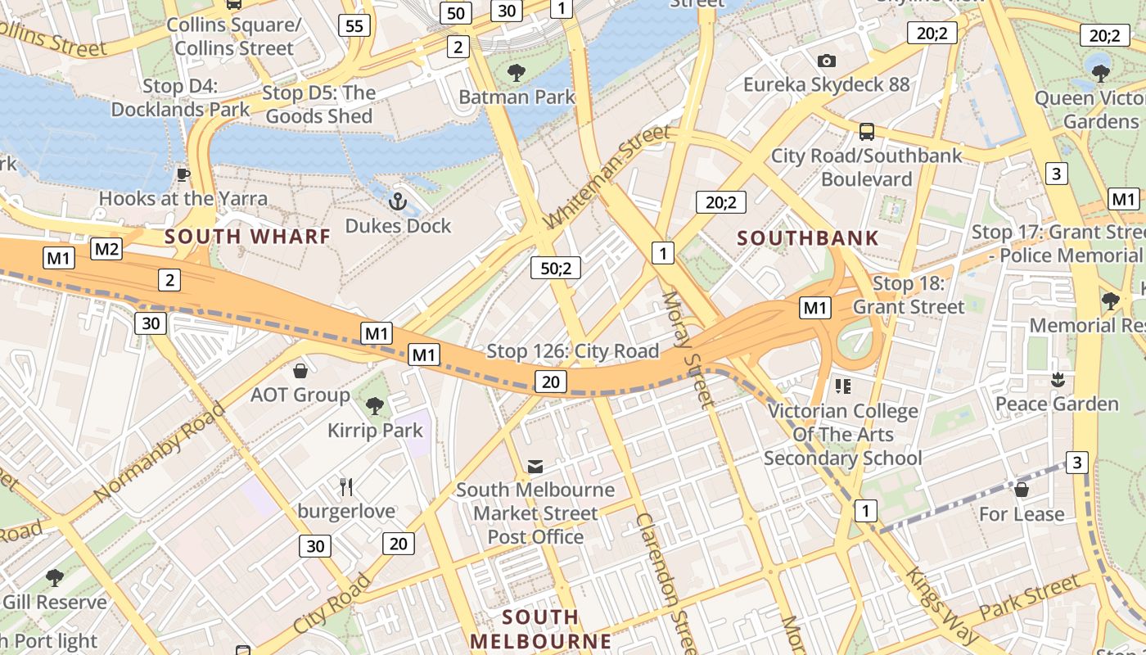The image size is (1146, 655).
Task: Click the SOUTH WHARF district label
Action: tap(248, 237)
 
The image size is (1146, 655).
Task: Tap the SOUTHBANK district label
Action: tap(808, 239)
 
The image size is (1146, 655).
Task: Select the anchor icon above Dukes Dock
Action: tap(398, 201)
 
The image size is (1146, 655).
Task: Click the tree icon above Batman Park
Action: tap(517, 73)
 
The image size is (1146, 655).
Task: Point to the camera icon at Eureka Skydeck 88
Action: tap(827, 61)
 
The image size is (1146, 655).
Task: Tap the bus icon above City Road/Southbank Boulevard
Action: tap(866, 132)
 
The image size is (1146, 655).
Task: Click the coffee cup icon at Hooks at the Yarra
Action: tap(183, 174)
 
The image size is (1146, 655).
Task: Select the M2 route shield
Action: tap(106, 249)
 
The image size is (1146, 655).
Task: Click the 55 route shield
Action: tap(354, 26)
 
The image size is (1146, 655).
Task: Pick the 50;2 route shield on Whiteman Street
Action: tap(556, 267)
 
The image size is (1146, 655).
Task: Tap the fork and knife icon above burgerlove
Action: tap(346, 487)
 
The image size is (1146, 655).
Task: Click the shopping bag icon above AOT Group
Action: tap(300, 371)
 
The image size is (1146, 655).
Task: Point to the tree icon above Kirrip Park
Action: tap(375, 405)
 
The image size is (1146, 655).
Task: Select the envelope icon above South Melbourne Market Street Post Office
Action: tap(535, 467)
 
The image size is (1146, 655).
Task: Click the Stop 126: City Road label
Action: tap(572, 352)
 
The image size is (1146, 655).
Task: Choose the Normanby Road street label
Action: tap(159, 452)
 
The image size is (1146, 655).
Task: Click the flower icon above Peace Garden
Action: tap(1057, 380)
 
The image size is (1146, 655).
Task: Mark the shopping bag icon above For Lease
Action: tap(1022, 490)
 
